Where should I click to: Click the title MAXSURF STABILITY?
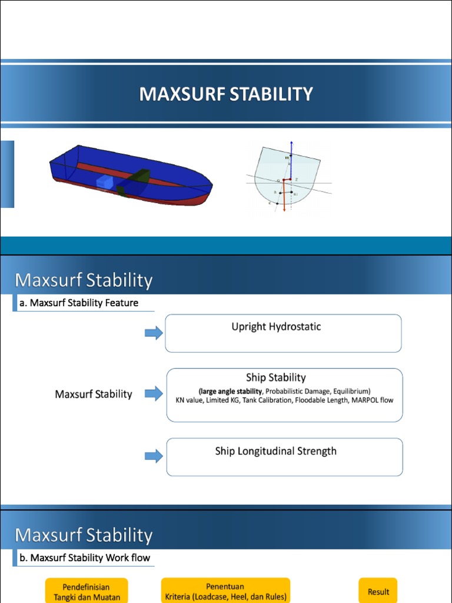pyautogui.click(x=226, y=94)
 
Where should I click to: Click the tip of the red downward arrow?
pyautogui.click(x=284, y=211)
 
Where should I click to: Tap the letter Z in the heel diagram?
pyautogui.click(x=296, y=179)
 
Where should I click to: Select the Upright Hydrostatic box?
pyautogui.click(x=283, y=333)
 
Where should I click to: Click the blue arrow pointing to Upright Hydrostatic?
pyautogui.click(x=154, y=333)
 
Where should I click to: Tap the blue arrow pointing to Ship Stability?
pyautogui.click(x=154, y=394)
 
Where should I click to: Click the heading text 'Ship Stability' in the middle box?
pyautogui.click(x=276, y=377)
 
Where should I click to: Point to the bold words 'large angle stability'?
pyautogui.click(x=230, y=390)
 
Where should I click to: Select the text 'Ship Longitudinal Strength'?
pyautogui.click(x=276, y=451)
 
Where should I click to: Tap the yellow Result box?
pyautogui.click(x=378, y=591)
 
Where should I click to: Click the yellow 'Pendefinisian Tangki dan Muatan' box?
pyautogui.click(x=87, y=591)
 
